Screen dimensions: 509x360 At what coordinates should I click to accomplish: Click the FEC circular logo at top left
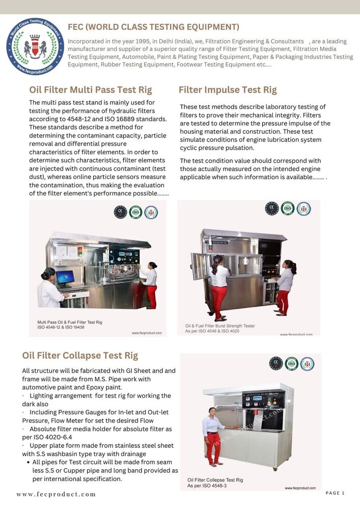35,46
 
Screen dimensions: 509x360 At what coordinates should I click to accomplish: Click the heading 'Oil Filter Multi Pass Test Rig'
90,90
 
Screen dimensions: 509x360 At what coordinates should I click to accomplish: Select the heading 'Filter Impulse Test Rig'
228,90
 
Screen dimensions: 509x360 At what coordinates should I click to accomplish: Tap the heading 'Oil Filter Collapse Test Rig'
80,355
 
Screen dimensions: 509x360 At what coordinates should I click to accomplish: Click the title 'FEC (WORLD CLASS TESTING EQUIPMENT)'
153,27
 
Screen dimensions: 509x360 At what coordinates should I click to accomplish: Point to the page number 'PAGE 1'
335,493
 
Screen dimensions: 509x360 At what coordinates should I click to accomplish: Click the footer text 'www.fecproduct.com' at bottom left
56,494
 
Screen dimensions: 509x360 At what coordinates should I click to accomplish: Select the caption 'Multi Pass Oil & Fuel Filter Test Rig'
70,322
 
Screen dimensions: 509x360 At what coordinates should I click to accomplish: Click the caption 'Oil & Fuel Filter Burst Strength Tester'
220,326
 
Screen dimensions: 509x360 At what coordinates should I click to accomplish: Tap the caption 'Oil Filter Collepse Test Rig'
215,480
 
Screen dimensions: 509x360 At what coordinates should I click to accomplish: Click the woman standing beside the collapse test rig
213,435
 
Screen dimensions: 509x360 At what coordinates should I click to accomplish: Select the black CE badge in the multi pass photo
120,212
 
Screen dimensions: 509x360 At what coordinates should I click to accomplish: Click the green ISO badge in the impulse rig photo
288,208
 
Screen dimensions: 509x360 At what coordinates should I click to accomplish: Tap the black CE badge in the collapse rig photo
276,363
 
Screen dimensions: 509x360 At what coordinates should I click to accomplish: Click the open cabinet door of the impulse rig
200,266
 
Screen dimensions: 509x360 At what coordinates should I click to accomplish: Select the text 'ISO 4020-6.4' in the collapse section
49,437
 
